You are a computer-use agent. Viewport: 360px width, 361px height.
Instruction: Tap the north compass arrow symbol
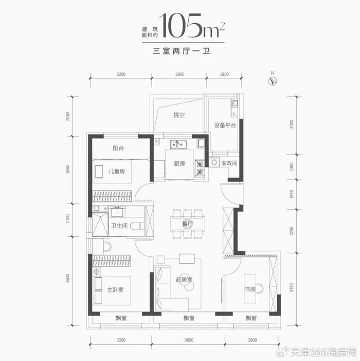[273, 81]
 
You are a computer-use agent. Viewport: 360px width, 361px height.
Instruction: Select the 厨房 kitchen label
[179, 164]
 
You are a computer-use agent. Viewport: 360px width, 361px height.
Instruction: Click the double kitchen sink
[178, 144]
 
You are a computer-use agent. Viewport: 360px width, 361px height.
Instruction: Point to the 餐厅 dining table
[188, 224]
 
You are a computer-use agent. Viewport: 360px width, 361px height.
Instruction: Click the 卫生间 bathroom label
[119, 226]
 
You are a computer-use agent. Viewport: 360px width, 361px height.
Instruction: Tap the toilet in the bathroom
[137, 226]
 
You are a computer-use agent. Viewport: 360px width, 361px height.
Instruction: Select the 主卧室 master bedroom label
[115, 289]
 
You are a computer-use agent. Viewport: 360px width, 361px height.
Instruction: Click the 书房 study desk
[250, 289]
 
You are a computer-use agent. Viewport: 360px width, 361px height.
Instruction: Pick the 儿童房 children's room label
[117, 171]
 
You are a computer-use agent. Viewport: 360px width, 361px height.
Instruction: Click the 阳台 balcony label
[118, 148]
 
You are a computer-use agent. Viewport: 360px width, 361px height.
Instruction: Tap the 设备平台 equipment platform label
[225, 125]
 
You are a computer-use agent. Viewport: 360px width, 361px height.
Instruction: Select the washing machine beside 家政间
[214, 162]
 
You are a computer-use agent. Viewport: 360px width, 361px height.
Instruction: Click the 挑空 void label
[179, 115]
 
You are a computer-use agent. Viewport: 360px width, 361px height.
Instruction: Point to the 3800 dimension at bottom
[189, 340]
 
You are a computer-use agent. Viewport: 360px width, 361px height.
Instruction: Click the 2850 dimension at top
[179, 74]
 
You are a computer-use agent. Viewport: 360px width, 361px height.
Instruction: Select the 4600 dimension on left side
[67, 279]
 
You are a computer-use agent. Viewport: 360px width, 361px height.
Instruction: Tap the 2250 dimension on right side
[292, 231]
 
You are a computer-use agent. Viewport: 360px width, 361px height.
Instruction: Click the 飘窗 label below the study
[251, 318]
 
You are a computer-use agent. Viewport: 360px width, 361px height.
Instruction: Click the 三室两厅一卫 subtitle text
[182, 51]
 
